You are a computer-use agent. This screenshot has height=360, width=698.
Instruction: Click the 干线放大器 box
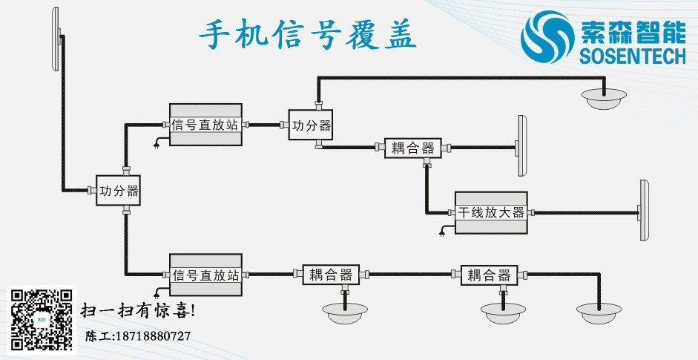[x=490, y=212]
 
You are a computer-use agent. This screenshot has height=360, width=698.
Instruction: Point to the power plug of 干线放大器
[x=444, y=233]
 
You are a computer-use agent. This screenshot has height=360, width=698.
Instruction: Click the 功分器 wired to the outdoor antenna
[x=119, y=191]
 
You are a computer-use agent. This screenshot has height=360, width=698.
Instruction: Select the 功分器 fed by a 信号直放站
[x=312, y=125]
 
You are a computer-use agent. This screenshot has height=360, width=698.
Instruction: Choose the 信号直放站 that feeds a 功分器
[x=205, y=125]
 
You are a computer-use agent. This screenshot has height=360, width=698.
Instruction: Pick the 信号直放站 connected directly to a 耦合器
[x=206, y=275]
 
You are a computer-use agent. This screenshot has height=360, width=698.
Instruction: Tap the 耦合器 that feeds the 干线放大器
[x=412, y=148]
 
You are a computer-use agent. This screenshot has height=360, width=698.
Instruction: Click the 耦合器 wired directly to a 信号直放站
[x=330, y=275]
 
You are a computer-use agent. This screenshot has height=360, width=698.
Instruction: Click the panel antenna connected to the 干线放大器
[x=644, y=211]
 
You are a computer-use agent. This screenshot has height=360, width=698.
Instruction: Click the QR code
[x=41, y=318]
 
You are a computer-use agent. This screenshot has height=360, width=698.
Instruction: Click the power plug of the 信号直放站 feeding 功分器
[x=157, y=144]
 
